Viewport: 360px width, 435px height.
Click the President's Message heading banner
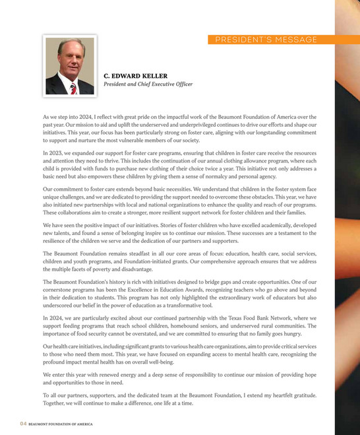tap(266, 40)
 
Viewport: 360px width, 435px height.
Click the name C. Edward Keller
tap(136, 76)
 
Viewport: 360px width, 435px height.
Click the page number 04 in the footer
tap(22, 423)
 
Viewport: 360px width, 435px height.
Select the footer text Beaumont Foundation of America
tap(60, 423)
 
